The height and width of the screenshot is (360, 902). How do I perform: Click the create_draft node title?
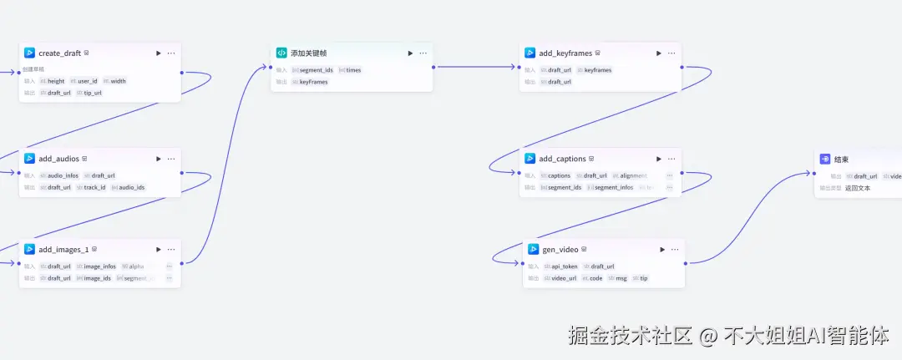point(59,53)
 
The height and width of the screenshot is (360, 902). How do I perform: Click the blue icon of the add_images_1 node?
point(29,249)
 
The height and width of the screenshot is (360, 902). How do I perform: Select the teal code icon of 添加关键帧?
point(281,53)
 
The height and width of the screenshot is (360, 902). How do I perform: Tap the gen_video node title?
point(560,250)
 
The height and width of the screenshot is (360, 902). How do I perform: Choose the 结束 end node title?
point(841,159)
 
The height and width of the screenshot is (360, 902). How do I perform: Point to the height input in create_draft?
point(55,81)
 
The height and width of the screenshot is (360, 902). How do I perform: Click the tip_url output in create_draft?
point(92,93)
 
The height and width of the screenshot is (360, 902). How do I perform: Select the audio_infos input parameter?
point(63,175)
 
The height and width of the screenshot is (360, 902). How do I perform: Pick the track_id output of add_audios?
point(94,187)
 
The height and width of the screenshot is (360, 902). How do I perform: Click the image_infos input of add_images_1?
point(99,266)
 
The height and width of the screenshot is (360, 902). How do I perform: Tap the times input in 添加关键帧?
point(353,70)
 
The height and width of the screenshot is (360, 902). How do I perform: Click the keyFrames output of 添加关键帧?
point(313,82)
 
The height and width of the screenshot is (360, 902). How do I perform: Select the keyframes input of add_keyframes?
point(597,70)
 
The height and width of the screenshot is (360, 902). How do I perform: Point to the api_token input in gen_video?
point(564,266)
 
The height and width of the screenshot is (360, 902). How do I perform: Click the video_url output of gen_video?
point(564,278)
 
